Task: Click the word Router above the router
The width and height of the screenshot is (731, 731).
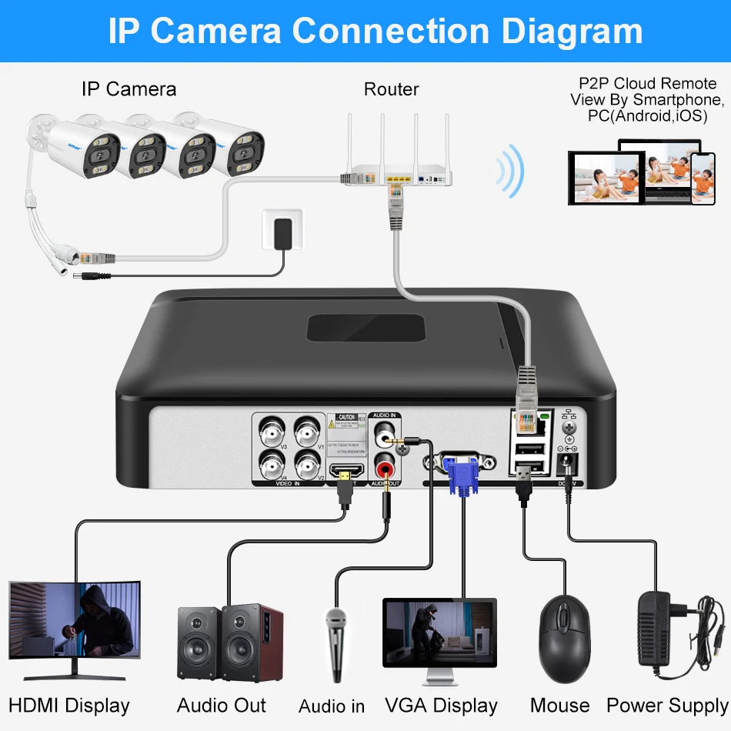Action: [x=391, y=89]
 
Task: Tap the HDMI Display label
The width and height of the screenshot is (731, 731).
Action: [x=69, y=705]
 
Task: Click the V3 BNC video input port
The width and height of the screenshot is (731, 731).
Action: [x=272, y=431]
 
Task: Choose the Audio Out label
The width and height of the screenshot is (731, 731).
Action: [x=222, y=705]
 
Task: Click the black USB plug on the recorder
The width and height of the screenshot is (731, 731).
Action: [x=524, y=485]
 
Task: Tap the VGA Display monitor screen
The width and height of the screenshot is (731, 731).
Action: [x=439, y=633]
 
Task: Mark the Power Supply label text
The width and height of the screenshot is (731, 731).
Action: [x=666, y=705]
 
